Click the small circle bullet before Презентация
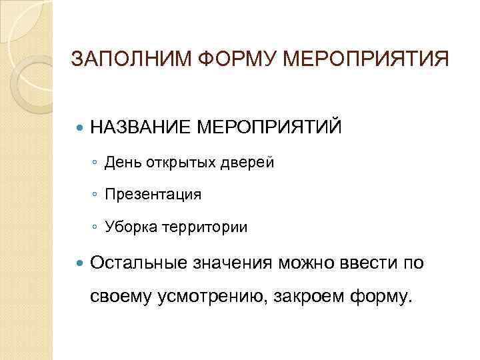[96, 195]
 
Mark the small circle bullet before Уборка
[96, 227]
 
